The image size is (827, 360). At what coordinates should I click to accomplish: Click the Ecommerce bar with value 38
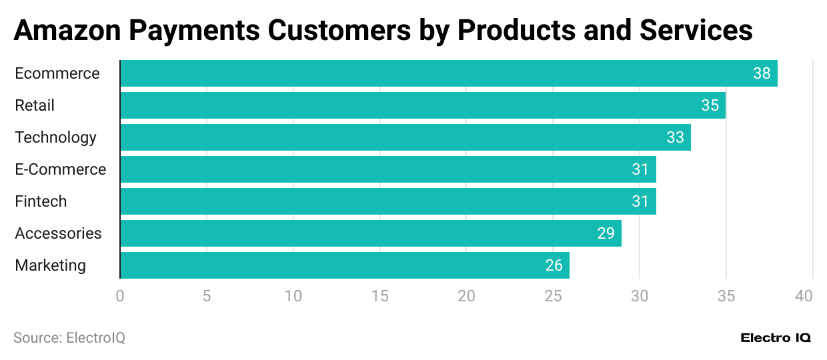(x=448, y=73)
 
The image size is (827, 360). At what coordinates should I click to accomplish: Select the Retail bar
(x=422, y=105)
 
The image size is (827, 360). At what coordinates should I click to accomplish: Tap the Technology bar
(x=405, y=137)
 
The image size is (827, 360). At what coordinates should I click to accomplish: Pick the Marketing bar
(x=344, y=265)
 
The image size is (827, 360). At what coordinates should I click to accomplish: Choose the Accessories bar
(x=370, y=233)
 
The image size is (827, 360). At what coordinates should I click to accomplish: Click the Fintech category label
(x=41, y=201)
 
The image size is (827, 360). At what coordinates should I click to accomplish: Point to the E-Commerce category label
(x=60, y=169)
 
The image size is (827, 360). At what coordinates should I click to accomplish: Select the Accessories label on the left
(x=58, y=233)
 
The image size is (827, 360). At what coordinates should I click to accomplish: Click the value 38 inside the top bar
(x=762, y=73)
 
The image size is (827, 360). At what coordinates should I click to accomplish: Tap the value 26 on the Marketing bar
(x=554, y=265)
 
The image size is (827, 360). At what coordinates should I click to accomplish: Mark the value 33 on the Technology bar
(x=675, y=137)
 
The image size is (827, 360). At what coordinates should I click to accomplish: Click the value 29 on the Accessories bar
(x=606, y=233)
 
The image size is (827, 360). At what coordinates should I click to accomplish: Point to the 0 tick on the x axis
(x=120, y=295)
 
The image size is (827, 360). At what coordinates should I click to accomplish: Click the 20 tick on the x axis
(x=466, y=295)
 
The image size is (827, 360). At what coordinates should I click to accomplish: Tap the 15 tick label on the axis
(x=379, y=295)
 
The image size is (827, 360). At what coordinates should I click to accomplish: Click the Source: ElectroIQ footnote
(x=69, y=338)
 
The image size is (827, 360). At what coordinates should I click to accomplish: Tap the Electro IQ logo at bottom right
(x=775, y=338)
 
